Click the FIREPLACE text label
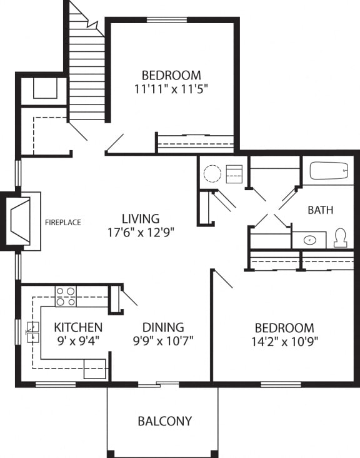63,222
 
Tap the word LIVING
141,219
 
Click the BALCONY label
164,421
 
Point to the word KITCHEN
78,327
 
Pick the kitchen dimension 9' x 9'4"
77,341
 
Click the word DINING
163,327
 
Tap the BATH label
320,210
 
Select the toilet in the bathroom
341,238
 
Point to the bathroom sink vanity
309,240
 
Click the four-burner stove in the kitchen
66,296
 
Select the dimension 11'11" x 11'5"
171,88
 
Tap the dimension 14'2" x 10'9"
284,342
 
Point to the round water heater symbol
212,173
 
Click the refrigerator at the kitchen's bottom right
95,369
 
